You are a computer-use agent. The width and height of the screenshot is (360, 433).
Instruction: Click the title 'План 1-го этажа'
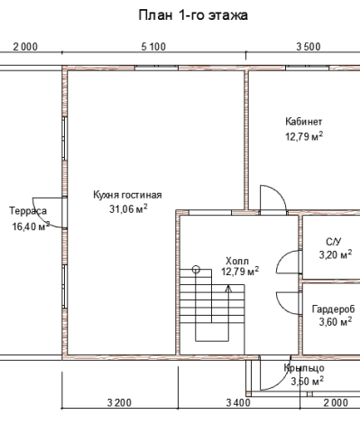(x=193, y=15)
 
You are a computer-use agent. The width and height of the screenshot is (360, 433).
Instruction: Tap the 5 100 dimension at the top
(x=153, y=47)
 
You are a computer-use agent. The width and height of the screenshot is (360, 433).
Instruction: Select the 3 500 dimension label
(x=309, y=47)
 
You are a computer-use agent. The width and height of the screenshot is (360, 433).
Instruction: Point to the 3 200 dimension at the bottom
(x=119, y=402)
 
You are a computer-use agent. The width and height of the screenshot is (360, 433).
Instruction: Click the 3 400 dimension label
(x=238, y=402)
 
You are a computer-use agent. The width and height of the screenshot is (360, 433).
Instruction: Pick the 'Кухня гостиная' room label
(x=127, y=195)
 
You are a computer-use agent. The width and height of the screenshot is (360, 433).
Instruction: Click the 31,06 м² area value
(x=128, y=208)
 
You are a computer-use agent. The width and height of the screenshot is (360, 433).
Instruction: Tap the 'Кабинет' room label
(x=304, y=122)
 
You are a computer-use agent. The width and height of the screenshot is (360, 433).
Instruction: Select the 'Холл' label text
(x=237, y=261)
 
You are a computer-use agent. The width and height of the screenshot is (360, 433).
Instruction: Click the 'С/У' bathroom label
(x=334, y=242)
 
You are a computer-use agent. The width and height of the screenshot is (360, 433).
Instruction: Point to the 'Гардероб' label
(x=334, y=309)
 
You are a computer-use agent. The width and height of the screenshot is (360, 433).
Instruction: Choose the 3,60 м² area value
(x=336, y=322)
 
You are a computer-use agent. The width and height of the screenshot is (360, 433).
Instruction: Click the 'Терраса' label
(x=28, y=211)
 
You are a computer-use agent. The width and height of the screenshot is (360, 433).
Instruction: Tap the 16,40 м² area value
(x=31, y=226)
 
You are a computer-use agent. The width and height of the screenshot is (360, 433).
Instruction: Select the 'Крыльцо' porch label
(x=304, y=368)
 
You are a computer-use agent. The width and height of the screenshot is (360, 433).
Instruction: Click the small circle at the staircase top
(x=196, y=269)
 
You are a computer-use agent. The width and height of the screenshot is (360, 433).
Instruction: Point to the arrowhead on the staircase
(x=228, y=289)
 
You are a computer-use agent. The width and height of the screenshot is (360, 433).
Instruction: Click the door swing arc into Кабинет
(x=280, y=191)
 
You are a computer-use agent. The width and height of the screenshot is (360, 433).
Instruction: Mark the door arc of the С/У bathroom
(x=281, y=258)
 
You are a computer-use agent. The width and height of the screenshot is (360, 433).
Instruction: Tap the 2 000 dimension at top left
(x=25, y=47)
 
